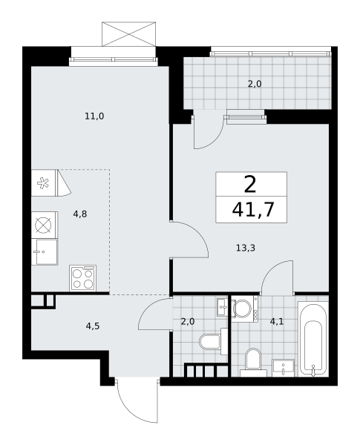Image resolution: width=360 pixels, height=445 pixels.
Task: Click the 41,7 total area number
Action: [253, 209]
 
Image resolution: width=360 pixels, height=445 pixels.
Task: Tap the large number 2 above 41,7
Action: [250, 184]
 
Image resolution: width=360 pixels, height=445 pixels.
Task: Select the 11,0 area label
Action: [94, 116]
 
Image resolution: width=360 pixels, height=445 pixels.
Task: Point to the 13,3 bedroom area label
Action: [246, 248]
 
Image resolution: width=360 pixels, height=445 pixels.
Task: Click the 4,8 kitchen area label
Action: [80, 214]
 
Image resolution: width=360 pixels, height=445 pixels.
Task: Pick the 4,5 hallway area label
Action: [93, 326]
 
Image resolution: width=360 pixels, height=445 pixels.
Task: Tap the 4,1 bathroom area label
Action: [277, 322]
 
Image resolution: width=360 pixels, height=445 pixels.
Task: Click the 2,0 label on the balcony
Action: [255, 84]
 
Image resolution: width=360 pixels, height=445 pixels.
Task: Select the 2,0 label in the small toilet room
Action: [188, 322]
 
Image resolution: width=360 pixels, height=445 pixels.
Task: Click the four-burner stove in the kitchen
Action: [83, 278]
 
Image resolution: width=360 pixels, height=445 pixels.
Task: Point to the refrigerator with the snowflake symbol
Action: [45, 183]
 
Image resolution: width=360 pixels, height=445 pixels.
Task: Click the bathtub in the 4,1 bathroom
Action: [313, 340]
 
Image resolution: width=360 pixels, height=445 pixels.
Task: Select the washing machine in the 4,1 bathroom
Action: [244, 309]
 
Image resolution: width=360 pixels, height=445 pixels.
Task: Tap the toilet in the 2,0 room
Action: [213, 342]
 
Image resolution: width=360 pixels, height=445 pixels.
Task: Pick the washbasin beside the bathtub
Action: [283, 368]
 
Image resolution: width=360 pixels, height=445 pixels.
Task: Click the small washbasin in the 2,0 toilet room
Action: [222, 307]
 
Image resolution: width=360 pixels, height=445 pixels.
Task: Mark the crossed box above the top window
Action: [128, 34]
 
